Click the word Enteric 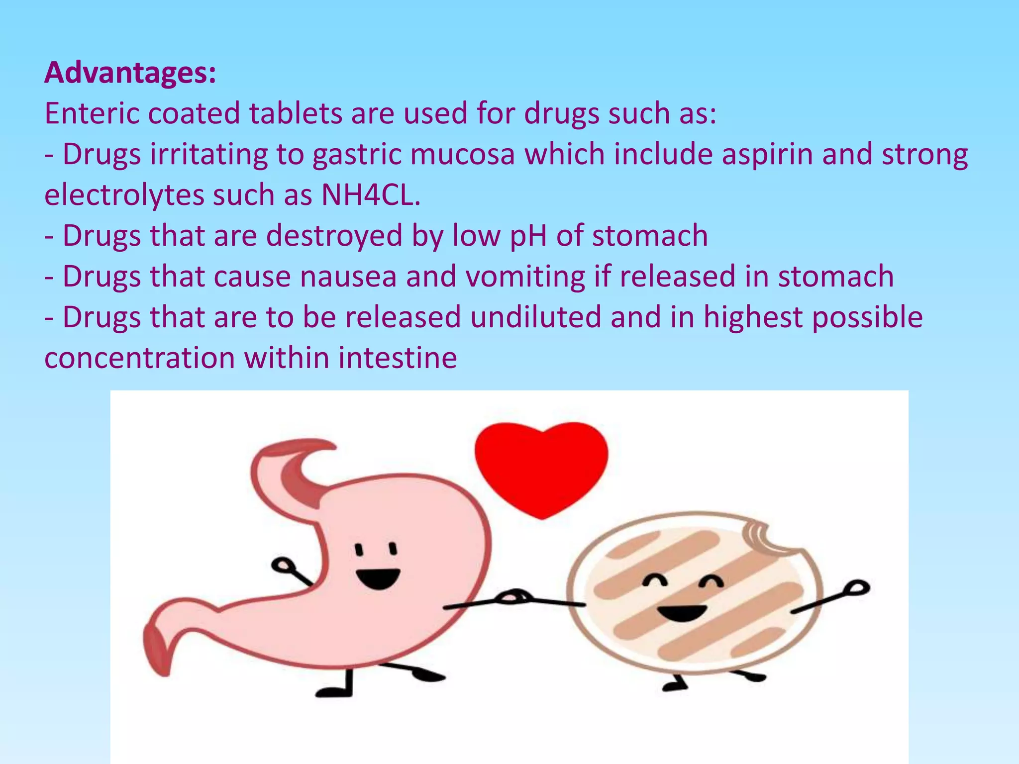click(x=92, y=113)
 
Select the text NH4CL click(x=371, y=195)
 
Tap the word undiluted click(x=536, y=317)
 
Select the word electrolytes click(x=124, y=195)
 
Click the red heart click(x=541, y=468)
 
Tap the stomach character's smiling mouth click(x=378, y=578)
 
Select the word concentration click(x=140, y=358)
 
